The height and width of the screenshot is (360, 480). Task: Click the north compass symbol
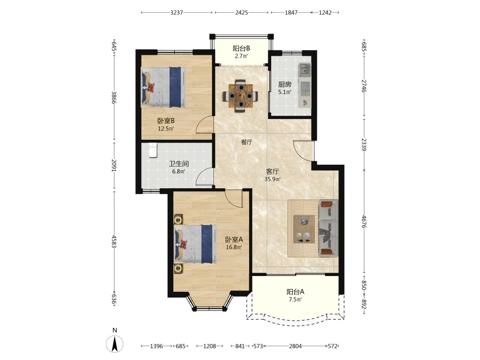pyautogui.click(x=115, y=344)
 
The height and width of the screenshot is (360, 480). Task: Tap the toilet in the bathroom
pyautogui.click(x=153, y=150)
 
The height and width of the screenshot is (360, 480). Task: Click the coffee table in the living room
pyautogui.click(x=304, y=229)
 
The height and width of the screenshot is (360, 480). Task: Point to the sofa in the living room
pyautogui.click(x=328, y=228)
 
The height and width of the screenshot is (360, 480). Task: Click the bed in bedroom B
pyautogui.click(x=163, y=87)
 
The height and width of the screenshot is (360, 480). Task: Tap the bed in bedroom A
pyautogui.click(x=195, y=244)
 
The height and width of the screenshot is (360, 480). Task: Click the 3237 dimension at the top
pyautogui.click(x=177, y=12)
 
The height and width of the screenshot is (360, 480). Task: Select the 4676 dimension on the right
pyautogui.click(x=364, y=221)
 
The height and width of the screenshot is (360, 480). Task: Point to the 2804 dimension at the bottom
pyautogui.click(x=295, y=346)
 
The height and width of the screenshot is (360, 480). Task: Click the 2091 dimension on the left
pyautogui.click(x=114, y=165)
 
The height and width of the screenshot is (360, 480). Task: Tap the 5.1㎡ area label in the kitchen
pyautogui.click(x=285, y=92)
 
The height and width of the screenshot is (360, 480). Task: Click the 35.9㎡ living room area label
pyautogui.click(x=273, y=179)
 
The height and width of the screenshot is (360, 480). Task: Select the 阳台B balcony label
pyautogui.click(x=241, y=48)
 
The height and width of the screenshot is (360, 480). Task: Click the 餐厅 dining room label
pyautogui.click(x=247, y=142)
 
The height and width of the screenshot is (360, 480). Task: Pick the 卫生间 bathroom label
pyautogui.click(x=179, y=164)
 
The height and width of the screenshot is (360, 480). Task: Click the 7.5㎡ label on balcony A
pyautogui.click(x=295, y=300)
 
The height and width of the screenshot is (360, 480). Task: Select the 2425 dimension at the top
pyautogui.click(x=241, y=12)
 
